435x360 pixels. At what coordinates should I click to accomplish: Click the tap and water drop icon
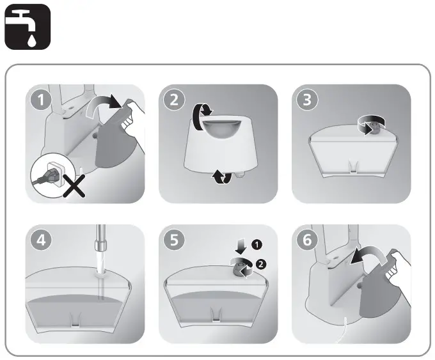(x=28, y=27)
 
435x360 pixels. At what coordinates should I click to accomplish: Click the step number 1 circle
(x=41, y=100)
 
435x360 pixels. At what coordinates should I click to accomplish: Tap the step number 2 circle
(x=174, y=100)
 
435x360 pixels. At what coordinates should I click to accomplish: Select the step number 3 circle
(x=307, y=100)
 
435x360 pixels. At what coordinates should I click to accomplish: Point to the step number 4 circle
(x=41, y=240)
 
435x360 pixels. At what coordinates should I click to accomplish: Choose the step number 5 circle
(x=174, y=240)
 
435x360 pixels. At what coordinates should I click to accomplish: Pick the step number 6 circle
(x=307, y=240)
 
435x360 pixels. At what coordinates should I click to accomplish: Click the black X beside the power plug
(x=74, y=186)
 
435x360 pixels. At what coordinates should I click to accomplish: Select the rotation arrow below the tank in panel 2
(x=222, y=177)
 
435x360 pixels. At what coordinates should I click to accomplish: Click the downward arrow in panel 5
(x=241, y=247)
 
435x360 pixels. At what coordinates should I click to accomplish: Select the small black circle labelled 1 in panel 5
(x=257, y=245)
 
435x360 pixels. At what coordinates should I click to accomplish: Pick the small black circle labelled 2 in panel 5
(x=260, y=264)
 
